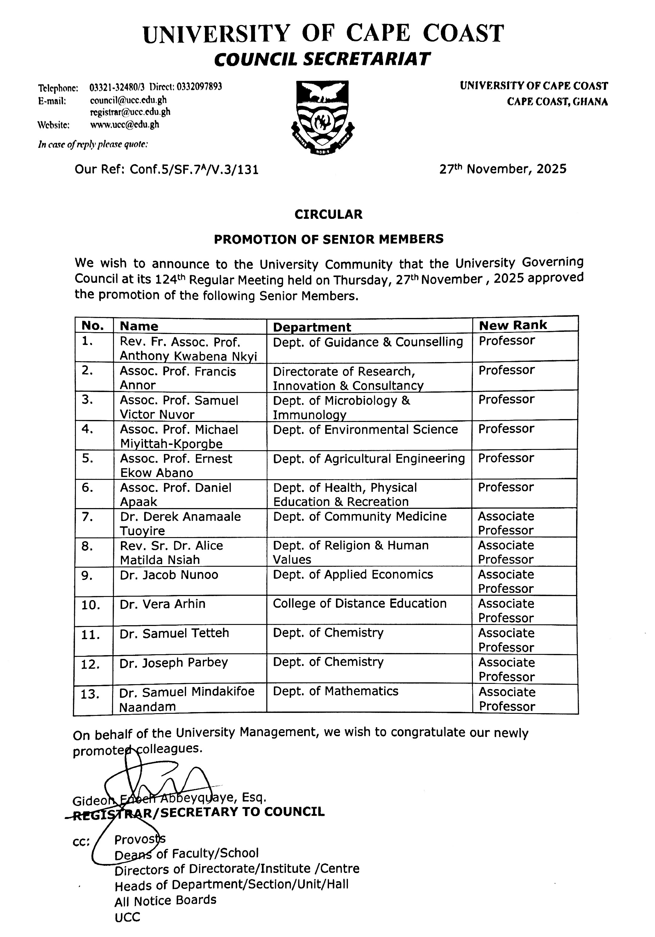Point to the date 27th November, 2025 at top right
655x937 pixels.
503,169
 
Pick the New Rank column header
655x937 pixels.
513,325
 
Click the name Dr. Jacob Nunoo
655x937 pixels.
169,575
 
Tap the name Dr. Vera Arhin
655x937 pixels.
162,604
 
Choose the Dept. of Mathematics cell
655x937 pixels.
336,691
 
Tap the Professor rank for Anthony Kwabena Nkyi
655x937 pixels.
506,341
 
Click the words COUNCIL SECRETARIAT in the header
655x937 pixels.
322,59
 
